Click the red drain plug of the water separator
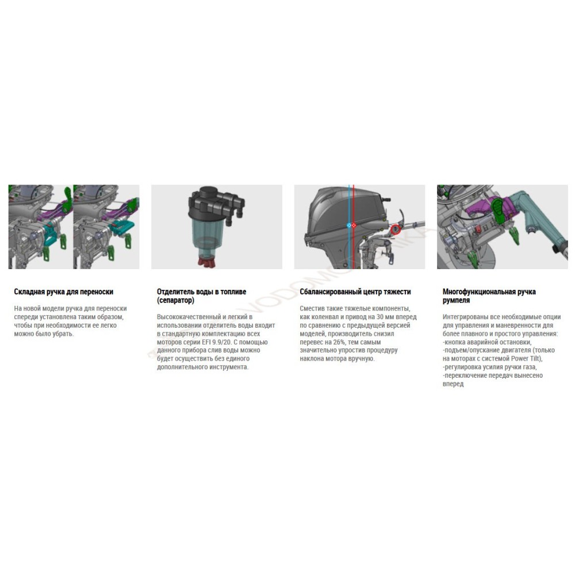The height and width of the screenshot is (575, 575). tap(206, 260)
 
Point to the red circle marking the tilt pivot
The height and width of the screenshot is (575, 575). tap(396, 229)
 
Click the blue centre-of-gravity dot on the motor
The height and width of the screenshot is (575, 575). tap(349, 225)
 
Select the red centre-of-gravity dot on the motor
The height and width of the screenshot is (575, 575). tap(354, 225)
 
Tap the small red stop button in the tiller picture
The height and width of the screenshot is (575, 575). tap(478, 229)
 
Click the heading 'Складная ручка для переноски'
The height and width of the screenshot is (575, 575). tap(64, 292)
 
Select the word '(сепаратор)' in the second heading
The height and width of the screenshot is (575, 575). tap(175, 300)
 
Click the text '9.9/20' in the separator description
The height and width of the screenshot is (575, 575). tap(222, 342)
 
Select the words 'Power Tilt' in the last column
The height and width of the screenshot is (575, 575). tap(526, 359)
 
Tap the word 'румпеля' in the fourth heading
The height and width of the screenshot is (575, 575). tap(456, 300)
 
